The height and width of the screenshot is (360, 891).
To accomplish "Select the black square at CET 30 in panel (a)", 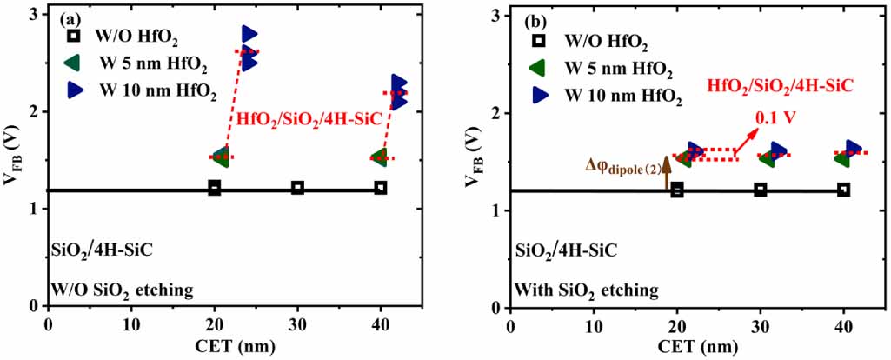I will click(x=297, y=188).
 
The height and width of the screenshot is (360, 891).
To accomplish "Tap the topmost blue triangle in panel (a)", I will click(x=249, y=34).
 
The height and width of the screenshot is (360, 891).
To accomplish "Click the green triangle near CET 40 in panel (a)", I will click(x=379, y=157).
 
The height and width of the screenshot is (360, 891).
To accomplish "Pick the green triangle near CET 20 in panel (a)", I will click(x=220, y=157).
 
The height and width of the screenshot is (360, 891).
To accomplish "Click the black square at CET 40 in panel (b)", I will click(x=843, y=190).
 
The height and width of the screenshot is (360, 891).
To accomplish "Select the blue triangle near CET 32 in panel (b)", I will click(x=779, y=150).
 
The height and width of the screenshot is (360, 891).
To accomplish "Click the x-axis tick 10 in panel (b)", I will click(x=594, y=326).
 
